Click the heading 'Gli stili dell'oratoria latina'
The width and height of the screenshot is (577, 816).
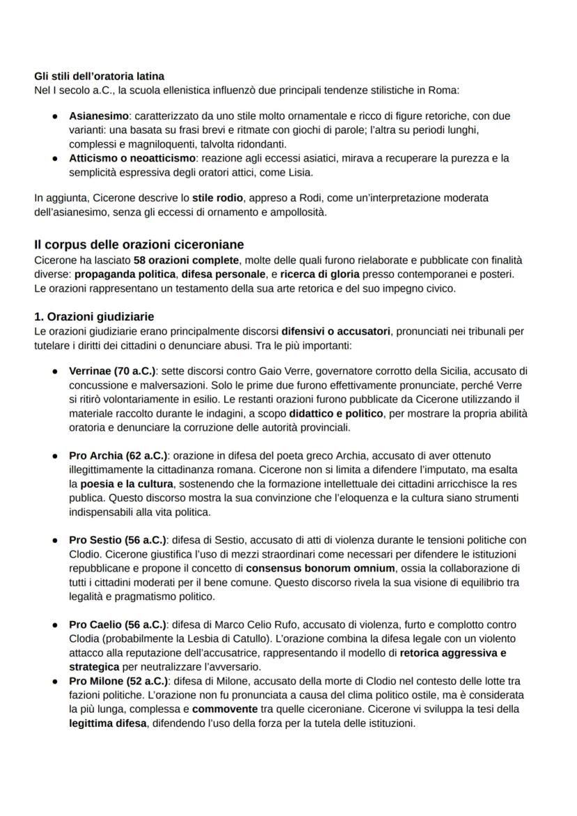[99, 76]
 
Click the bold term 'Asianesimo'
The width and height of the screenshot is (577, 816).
[98, 116]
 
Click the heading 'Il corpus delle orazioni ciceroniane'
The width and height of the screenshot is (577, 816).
[139, 245]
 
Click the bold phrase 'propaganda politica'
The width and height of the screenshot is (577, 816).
[125, 275]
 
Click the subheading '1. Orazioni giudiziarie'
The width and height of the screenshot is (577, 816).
[94, 316]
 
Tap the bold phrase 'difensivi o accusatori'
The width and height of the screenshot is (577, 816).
[337, 331]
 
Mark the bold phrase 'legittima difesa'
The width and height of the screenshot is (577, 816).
[108, 723]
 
